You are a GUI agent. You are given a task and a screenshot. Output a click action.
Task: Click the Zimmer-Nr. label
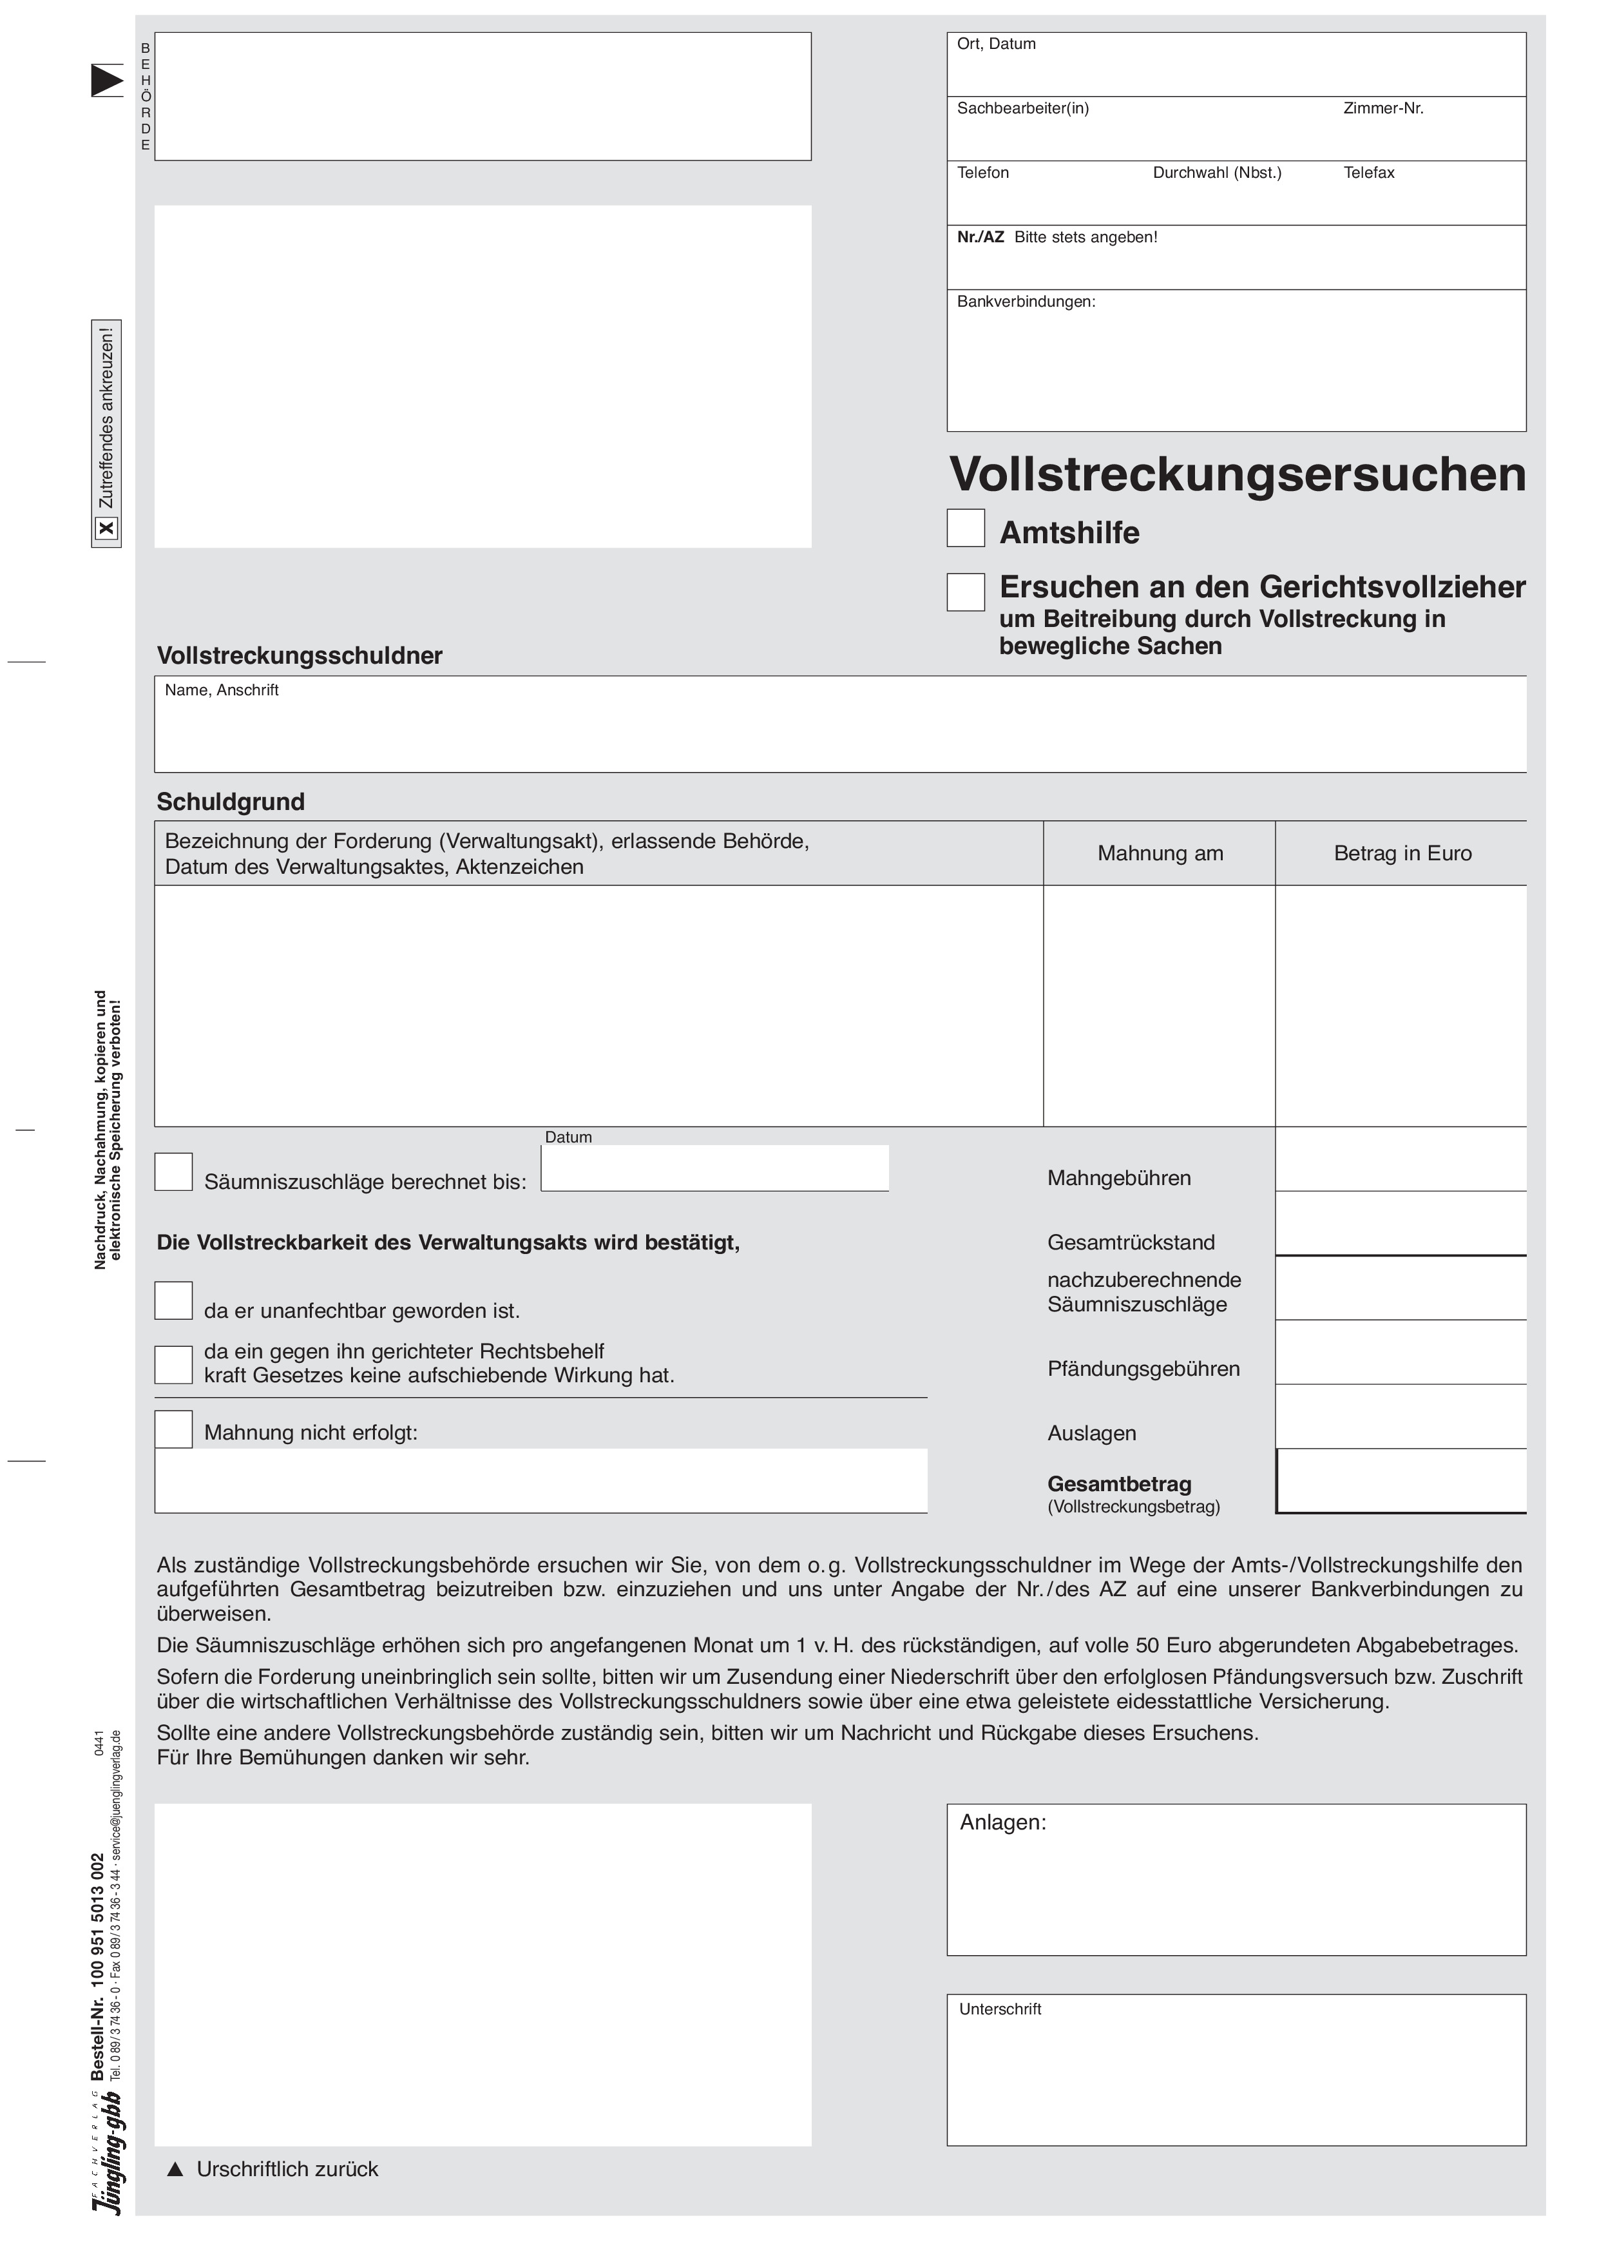[1384, 108]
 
